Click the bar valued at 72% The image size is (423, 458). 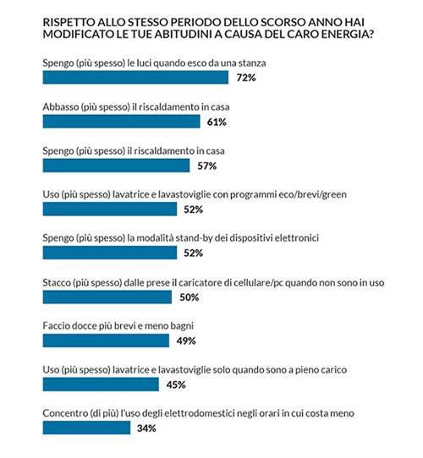[x=135, y=78]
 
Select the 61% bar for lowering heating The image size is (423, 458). [x=121, y=121]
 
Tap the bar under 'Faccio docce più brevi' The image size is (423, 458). [x=106, y=341]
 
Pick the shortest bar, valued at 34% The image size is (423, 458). [x=86, y=428]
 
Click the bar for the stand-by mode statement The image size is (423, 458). [x=110, y=253]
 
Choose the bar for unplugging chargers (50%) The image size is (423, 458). [x=107, y=297]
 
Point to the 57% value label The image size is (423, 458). [x=207, y=166]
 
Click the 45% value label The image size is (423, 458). [x=176, y=384]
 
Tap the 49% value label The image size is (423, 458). [x=186, y=341]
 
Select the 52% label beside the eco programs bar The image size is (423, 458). [x=194, y=210]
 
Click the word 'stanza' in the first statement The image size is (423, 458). [x=252, y=63]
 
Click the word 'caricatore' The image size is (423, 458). [x=201, y=283]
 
